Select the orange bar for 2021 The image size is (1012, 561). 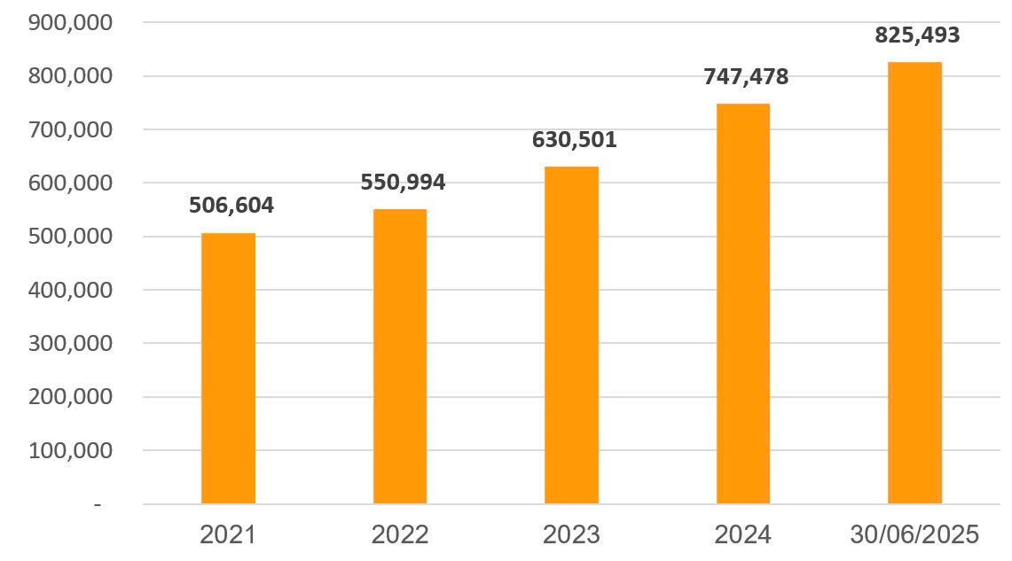pos(228,368)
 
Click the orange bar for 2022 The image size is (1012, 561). pos(400,356)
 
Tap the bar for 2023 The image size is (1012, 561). pos(572,335)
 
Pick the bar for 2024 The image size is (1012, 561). pos(743,304)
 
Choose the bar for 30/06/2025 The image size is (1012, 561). pos(914,283)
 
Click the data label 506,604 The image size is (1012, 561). pos(231,206)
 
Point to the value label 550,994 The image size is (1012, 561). pos(403,183)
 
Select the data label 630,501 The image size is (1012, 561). pos(574,139)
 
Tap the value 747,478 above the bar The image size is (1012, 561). pos(746,77)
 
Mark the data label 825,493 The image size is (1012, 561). pos(917,35)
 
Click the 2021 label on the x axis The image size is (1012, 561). pos(228,534)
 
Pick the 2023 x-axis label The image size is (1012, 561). pos(572,534)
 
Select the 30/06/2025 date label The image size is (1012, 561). pos(914,534)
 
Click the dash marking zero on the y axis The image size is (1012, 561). pos(98,504)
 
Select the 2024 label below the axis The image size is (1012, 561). pos(743,534)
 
